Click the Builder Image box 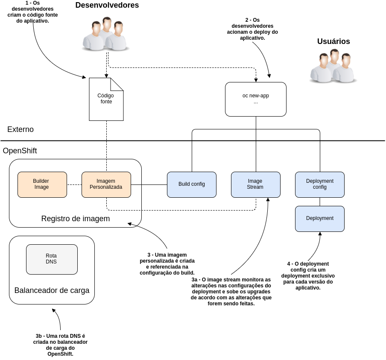pyautogui.click(x=42, y=184)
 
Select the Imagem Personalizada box pyautogui.click(x=106, y=184)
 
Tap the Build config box pyautogui.click(x=192, y=184)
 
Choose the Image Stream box pyautogui.click(x=256, y=184)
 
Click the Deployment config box pyautogui.click(x=320, y=184)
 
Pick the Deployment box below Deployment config pyautogui.click(x=320, y=219)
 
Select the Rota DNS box pyautogui.click(x=52, y=259)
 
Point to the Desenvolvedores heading pyautogui.click(x=107, y=6)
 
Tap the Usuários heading pyautogui.click(x=333, y=41)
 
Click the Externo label pyautogui.click(x=20, y=129)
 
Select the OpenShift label pyautogui.click(x=20, y=151)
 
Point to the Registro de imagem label pyautogui.click(x=75, y=219)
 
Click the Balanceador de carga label pyautogui.click(x=52, y=290)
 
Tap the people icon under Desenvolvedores pyautogui.click(x=105, y=34)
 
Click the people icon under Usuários pyautogui.click(x=332, y=66)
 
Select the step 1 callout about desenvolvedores pyautogui.click(x=32, y=12)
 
